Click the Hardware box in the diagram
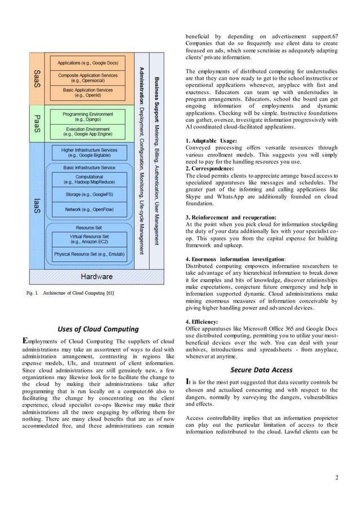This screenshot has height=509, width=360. pyautogui.click(x=96, y=277)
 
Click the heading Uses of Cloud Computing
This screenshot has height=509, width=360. pyautogui.click(x=98, y=329)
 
